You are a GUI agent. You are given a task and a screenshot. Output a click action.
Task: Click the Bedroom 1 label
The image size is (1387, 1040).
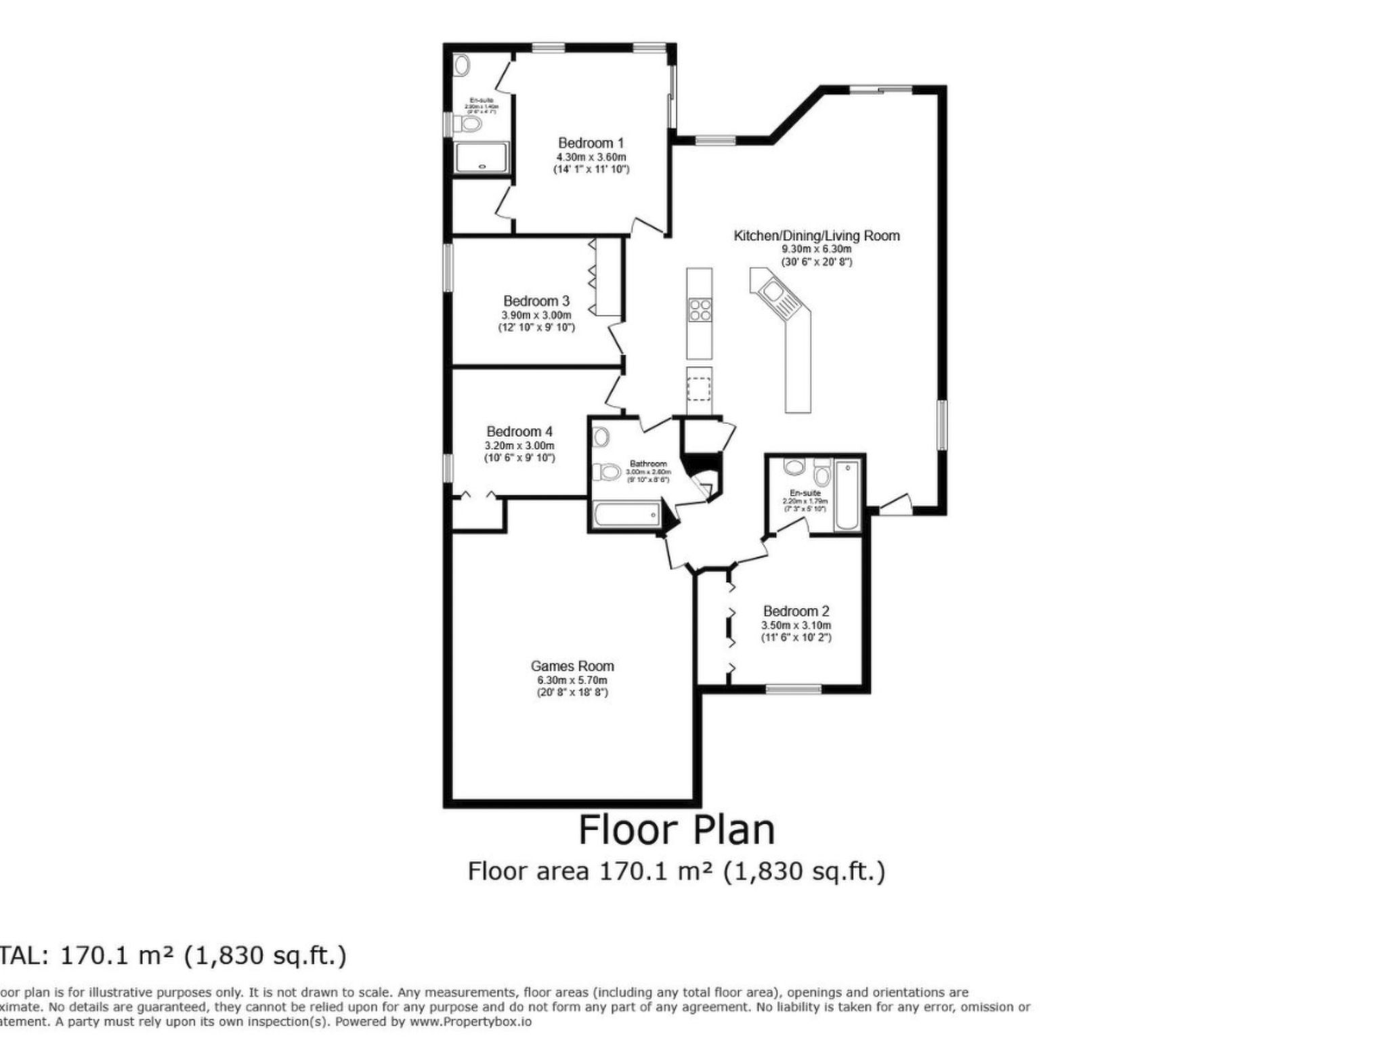[x=591, y=143]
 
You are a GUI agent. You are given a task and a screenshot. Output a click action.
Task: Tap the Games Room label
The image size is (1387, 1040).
[x=572, y=666]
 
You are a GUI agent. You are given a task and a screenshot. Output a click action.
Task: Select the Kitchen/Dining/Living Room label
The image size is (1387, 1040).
[x=817, y=236]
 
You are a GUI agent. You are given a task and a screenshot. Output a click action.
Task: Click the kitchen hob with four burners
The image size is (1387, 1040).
[x=700, y=310]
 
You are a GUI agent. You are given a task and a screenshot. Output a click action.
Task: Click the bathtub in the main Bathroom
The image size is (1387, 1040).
[x=626, y=515]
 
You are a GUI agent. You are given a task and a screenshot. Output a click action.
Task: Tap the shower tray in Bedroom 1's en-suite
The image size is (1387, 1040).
[x=482, y=158]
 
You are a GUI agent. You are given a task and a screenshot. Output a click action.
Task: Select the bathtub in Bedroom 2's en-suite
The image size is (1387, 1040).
[x=847, y=496]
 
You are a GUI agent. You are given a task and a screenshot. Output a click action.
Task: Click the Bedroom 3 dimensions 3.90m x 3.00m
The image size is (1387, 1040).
[x=536, y=316]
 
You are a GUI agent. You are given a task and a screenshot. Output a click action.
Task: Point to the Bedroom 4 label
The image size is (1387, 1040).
[x=519, y=431]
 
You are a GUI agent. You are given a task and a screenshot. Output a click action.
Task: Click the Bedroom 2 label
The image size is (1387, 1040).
[x=796, y=611]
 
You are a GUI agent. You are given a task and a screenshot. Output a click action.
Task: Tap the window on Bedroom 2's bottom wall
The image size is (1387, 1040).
[x=792, y=689]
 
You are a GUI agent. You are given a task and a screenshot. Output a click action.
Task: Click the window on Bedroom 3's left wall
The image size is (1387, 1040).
[x=448, y=267]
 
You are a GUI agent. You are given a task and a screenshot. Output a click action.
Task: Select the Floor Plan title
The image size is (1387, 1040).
[x=676, y=830]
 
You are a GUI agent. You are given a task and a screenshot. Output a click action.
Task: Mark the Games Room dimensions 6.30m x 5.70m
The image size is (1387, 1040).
[x=572, y=680]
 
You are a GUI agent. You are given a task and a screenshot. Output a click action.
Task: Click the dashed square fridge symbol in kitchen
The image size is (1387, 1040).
[x=699, y=390]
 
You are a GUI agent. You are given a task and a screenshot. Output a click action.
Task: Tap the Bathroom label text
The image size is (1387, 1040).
[x=648, y=464]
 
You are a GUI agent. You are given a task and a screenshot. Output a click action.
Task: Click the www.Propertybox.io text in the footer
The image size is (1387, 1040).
[x=470, y=1022]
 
